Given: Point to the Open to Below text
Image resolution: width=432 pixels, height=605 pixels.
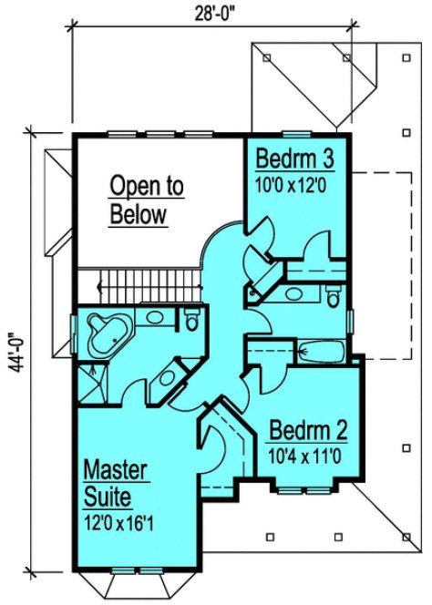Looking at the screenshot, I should [146, 200].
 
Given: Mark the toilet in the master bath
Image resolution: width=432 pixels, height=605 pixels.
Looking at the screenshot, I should [190, 319].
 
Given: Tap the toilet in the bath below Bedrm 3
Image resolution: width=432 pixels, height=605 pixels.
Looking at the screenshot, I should [334, 294].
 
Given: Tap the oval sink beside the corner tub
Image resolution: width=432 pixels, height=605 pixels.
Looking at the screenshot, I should [154, 318].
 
